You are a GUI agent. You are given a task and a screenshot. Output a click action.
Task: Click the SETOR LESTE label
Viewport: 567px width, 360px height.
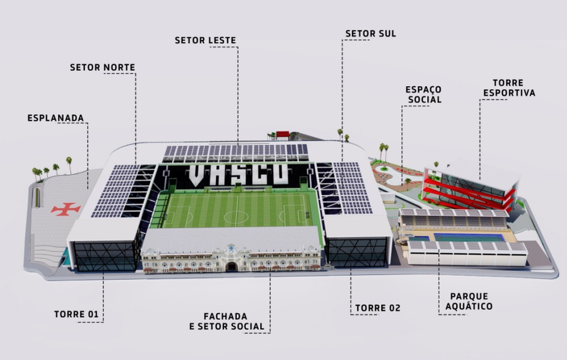click(x=205, y=40)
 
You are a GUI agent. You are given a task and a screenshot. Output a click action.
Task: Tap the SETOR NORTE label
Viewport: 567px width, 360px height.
click(x=103, y=68)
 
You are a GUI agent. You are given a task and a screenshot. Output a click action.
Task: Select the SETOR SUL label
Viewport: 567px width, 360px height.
click(x=370, y=34)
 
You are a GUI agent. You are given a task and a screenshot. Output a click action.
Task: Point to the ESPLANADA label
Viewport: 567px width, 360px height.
click(x=55, y=118)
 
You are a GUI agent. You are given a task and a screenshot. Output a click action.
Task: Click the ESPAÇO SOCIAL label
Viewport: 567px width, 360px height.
click(x=423, y=94)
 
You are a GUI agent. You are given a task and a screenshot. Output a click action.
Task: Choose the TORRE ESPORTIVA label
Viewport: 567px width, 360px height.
click(x=509, y=88)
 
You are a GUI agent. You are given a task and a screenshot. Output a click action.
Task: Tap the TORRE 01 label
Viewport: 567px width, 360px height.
click(x=76, y=314)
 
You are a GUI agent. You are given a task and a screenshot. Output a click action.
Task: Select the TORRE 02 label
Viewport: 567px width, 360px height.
click(x=378, y=308)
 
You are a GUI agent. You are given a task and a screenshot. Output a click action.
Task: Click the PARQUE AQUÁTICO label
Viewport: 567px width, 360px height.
click(x=469, y=301)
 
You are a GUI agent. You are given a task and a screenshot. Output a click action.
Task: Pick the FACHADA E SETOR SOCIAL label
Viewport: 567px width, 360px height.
click(x=226, y=322)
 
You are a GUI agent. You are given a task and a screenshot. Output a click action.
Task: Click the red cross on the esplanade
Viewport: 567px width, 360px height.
click(x=66, y=209)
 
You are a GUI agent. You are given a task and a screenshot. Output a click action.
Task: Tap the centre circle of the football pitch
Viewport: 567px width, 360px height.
click(x=236, y=217)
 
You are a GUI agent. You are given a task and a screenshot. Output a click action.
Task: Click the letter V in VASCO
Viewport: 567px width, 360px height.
click(x=198, y=176)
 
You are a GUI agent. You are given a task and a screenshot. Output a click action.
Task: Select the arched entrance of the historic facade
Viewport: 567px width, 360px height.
click(x=231, y=266)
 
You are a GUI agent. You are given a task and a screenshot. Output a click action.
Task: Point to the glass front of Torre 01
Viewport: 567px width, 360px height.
click(x=104, y=257)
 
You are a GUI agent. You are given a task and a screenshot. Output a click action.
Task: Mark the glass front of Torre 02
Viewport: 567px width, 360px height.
click(x=357, y=252)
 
